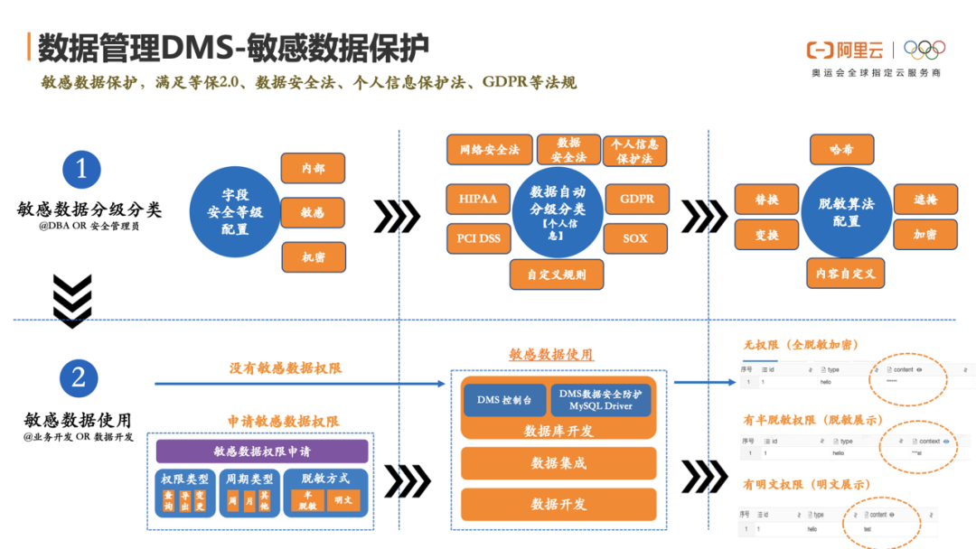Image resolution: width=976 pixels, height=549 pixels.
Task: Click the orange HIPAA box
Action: [478, 199]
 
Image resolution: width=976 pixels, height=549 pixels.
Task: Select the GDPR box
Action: [636, 199]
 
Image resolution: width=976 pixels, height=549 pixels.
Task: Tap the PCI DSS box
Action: [478, 238]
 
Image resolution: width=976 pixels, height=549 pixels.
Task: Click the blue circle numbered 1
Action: [81, 170]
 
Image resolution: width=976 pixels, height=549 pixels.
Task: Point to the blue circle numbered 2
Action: [79, 377]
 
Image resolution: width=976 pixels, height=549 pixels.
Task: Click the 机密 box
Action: [313, 257]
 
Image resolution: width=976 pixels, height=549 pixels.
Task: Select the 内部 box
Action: [313, 168]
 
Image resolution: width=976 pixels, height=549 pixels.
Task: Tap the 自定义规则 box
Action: [556, 274]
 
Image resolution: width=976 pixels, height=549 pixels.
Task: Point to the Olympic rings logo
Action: [924, 51]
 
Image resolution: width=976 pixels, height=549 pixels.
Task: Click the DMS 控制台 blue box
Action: [504, 399]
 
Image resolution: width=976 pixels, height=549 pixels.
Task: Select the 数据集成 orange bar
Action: [558, 463]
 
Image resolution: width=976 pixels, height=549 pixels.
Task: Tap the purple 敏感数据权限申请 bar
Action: [262, 451]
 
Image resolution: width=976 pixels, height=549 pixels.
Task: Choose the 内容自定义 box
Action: [845, 273]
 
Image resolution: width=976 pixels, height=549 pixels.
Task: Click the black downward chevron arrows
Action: [72, 300]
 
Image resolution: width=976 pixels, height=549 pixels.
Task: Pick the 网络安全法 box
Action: [489, 150]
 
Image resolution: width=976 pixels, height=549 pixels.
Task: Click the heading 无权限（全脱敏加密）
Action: [801, 345]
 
